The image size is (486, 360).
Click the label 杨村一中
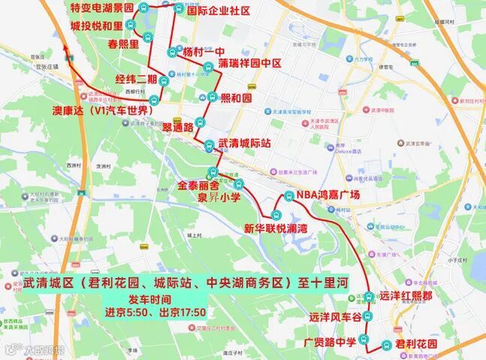coord(204,52)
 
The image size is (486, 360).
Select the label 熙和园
coord(236,98)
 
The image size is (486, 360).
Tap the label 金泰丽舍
coord(198,185)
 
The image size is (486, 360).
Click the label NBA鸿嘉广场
coord(328,195)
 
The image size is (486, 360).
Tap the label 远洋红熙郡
coord(406,296)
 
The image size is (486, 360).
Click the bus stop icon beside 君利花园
coord(385,345)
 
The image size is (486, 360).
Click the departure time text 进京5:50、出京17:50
coord(155,313)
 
